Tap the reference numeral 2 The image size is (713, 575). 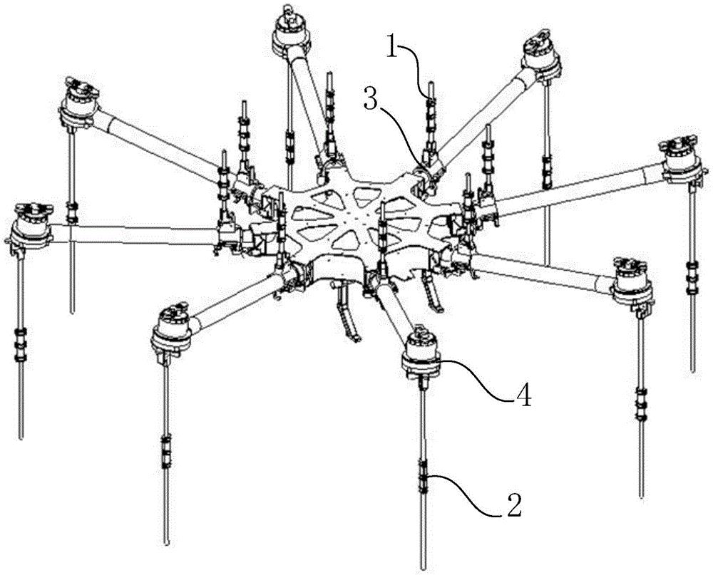513,504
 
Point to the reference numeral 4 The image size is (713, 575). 522,395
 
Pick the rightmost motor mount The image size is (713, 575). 681,160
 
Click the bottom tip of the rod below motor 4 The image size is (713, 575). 424,567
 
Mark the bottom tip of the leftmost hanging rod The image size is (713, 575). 21,436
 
